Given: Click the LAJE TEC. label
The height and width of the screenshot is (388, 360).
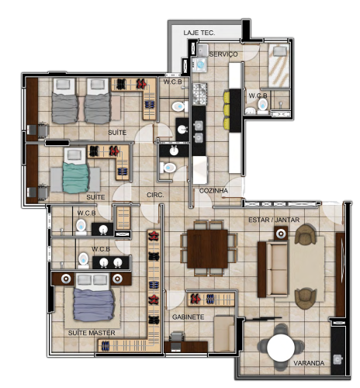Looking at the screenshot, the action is click(x=199, y=33).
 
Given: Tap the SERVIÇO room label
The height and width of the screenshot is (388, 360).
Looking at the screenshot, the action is click(x=223, y=54).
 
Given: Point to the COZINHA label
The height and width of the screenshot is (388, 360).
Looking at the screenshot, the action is click(x=213, y=191).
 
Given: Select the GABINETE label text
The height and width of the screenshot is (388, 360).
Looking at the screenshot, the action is click(x=188, y=317).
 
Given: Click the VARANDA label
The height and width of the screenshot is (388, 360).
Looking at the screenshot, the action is click(x=309, y=363).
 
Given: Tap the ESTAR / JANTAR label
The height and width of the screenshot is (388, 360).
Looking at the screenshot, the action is click(x=274, y=220).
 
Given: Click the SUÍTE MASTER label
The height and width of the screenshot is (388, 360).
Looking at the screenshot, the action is click(x=92, y=333).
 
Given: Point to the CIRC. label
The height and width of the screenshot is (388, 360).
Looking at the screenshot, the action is click(x=155, y=195).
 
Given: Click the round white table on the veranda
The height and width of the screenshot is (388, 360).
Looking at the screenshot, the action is click(x=281, y=348).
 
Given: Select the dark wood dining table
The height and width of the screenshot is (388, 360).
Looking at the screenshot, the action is click(x=207, y=248).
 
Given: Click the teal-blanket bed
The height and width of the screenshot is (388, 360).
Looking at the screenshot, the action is click(x=75, y=171).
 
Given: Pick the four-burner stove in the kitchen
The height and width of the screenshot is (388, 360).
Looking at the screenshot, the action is click(x=199, y=94).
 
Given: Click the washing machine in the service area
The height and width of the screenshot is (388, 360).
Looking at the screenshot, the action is click(x=199, y=64).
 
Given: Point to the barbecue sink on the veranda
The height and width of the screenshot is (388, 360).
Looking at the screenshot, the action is click(x=337, y=359).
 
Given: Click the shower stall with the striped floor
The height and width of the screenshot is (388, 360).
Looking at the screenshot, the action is click(x=279, y=65).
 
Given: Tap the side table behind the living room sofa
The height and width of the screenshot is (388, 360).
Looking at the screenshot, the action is click(x=281, y=234).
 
